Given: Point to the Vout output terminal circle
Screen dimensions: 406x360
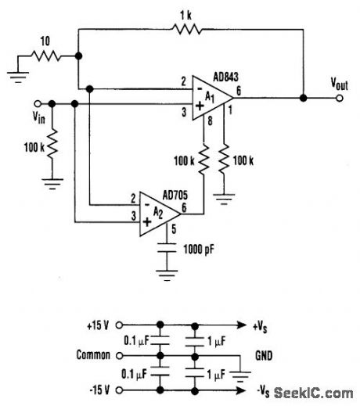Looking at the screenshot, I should pos(339,99).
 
